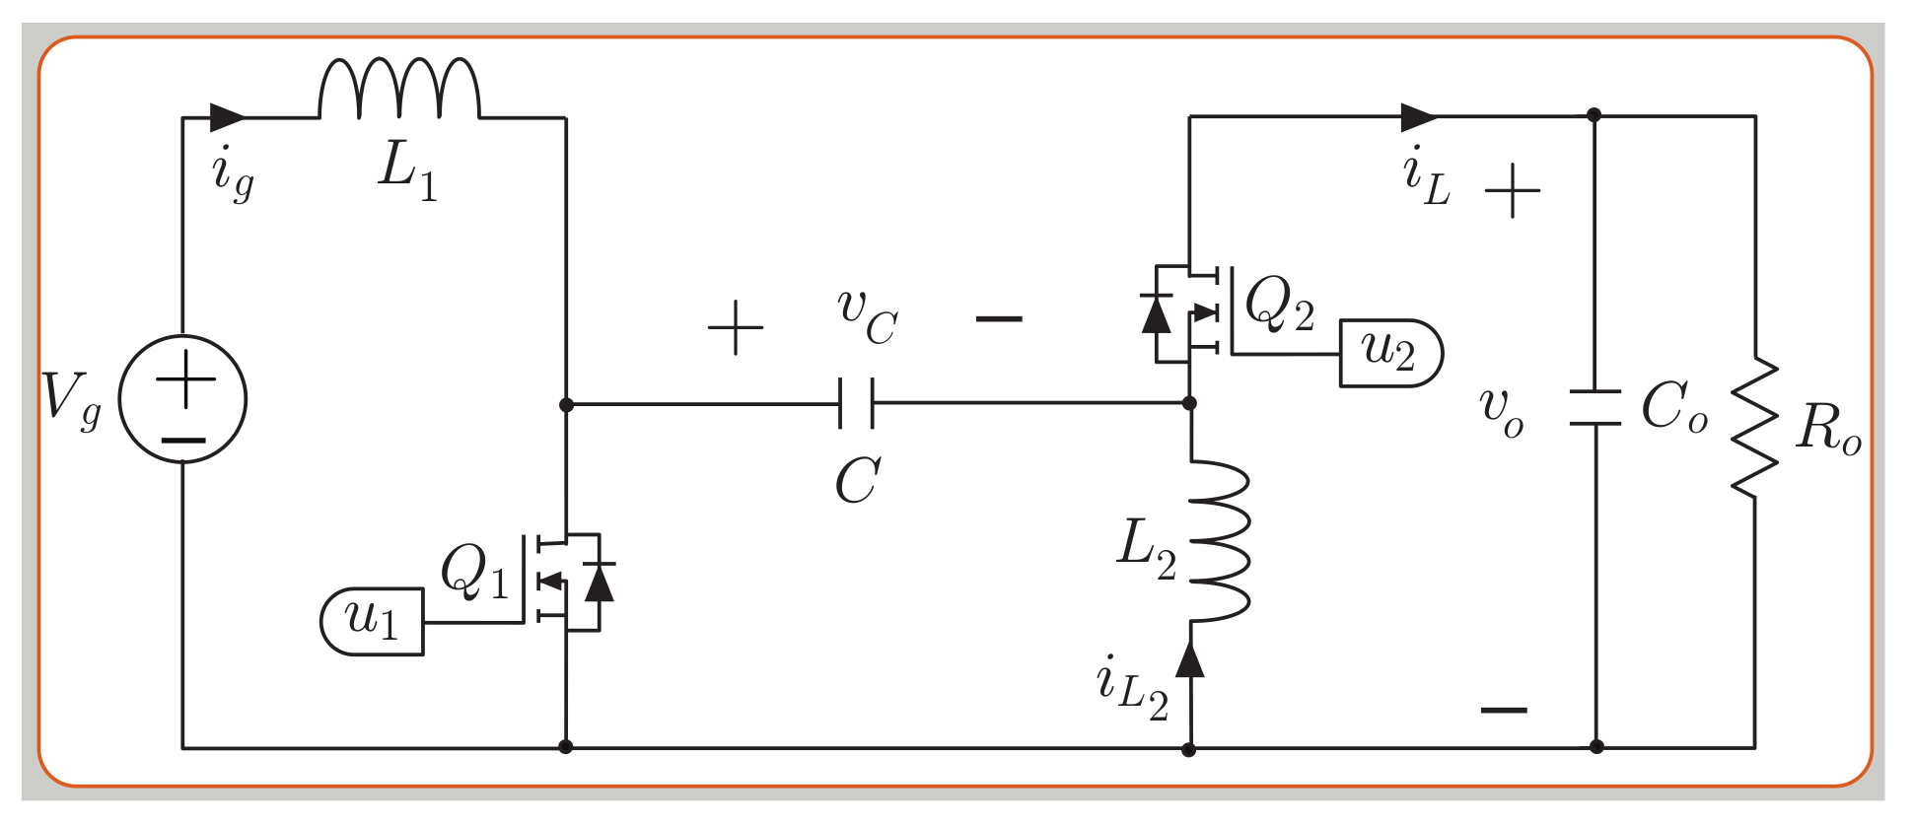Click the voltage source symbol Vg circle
click(182, 399)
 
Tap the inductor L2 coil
click(1219, 541)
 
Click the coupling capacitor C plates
click(856, 402)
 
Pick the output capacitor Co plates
click(1594, 408)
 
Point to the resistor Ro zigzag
click(1754, 428)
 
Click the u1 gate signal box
click(373, 621)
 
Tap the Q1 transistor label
click(473, 572)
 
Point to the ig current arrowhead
click(228, 117)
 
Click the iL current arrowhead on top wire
click(1419, 117)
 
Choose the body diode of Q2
click(1156, 313)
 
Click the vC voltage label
click(867, 315)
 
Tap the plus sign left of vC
click(736, 327)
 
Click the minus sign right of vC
click(998, 318)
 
